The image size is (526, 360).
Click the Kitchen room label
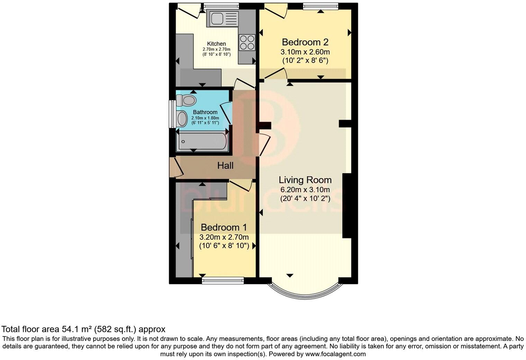pos(216,44)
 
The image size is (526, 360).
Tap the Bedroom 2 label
pos(305,42)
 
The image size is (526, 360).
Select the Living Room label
pos(305,180)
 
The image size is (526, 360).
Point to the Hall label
pos(225,166)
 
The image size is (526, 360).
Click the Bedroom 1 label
pos(224,228)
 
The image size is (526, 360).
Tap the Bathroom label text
pos(205,112)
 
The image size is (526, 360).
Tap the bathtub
pos(202,141)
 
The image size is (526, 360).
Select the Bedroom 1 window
pos(223,280)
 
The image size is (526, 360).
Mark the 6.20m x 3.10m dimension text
pos(305,190)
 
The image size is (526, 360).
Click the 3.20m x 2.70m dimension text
pos(224,237)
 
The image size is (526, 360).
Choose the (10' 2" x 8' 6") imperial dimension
pos(305,61)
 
